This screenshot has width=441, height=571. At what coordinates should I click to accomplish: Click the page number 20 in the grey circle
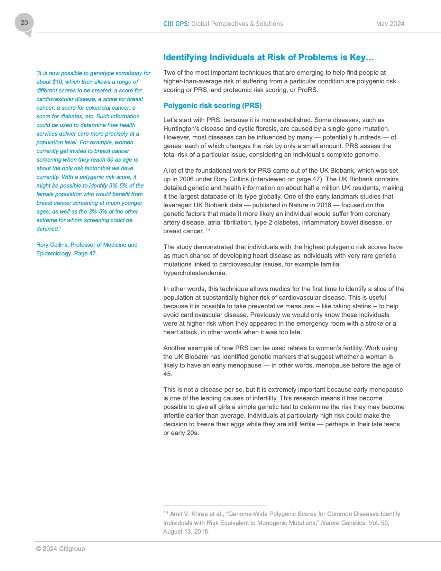pyautogui.click(x=24, y=23)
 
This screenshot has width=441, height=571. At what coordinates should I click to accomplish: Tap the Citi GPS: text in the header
pyautogui.click(x=176, y=24)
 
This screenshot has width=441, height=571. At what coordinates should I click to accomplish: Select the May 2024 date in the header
pyautogui.click(x=390, y=24)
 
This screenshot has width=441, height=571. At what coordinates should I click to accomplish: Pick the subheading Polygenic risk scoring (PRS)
pyautogui.click(x=212, y=106)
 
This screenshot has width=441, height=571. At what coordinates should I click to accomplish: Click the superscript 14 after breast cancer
pyautogui.click(x=208, y=230)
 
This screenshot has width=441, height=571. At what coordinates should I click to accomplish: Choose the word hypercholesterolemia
pyautogui.click(x=195, y=273)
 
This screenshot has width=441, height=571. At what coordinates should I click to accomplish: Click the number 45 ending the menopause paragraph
pyautogui.click(x=167, y=374)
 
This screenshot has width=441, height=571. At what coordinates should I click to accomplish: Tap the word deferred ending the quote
pyautogui.click(x=48, y=229)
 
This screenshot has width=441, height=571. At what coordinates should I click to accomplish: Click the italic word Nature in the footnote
pyautogui.click(x=330, y=523)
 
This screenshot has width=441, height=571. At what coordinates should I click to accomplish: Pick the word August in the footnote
pyautogui.click(x=173, y=532)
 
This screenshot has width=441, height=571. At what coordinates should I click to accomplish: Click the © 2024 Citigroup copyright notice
pyautogui.click(x=61, y=549)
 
